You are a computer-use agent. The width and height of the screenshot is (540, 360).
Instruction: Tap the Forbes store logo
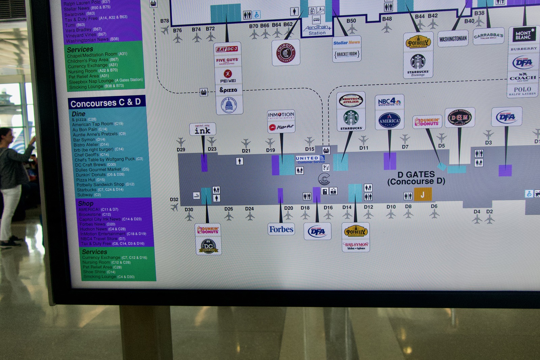point(281,229)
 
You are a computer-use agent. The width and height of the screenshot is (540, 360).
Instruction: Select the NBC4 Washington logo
point(389,102)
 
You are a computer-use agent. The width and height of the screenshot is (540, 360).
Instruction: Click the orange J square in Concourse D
point(423,194)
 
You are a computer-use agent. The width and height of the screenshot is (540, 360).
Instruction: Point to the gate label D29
point(181,149)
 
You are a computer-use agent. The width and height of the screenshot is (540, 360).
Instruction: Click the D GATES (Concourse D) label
point(416,178)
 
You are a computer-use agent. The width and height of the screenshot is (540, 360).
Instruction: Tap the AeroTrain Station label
point(317,30)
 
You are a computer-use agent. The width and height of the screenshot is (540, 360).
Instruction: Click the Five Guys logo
point(227,61)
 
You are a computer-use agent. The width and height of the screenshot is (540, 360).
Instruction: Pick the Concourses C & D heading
point(105,103)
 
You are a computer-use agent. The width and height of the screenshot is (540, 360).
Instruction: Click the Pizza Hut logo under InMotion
point(281,127)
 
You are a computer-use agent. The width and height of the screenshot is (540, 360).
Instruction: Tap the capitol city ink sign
point(202,130)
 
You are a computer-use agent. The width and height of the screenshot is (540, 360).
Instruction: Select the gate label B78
point(165,21)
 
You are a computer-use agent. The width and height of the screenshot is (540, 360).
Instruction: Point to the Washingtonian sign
point(453,39)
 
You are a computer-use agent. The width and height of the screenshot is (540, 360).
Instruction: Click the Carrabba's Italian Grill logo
point(488,36)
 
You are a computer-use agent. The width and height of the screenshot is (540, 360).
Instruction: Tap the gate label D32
point(174,199)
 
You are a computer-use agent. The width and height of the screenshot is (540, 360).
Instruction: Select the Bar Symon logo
point(356,246)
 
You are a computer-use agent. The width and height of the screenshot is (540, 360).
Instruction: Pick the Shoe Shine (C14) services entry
point(99,272)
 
